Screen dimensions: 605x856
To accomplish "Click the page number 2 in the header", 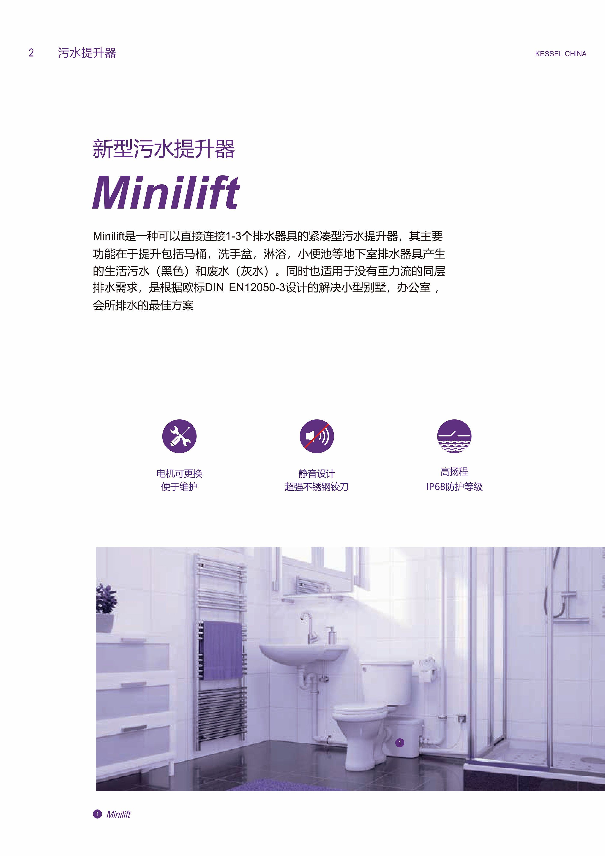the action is [x=31, y=53].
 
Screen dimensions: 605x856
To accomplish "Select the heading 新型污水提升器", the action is [x=164, y=149].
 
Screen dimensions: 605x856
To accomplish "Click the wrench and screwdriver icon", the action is [x=179, y=436].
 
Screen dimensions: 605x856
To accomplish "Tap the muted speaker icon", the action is [x=317, y=436].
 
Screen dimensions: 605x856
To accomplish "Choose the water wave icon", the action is [x=454, y=436].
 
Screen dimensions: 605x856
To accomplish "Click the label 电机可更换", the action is [x=179, y=474].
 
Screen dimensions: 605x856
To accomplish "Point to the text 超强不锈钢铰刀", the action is [x=317, y=487].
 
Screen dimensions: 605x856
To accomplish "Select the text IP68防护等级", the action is [x=454, y=487].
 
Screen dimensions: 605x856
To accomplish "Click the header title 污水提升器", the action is [x=87, y=53].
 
